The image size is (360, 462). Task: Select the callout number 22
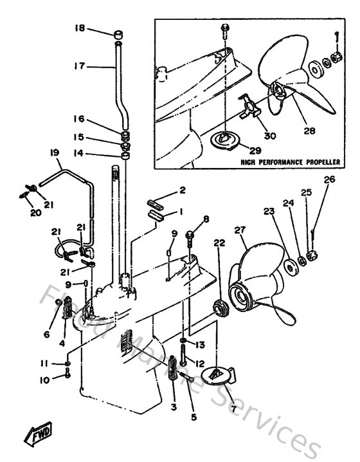[220, 243]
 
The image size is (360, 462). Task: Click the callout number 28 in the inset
[310, 131]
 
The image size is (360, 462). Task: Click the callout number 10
[44, 380]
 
